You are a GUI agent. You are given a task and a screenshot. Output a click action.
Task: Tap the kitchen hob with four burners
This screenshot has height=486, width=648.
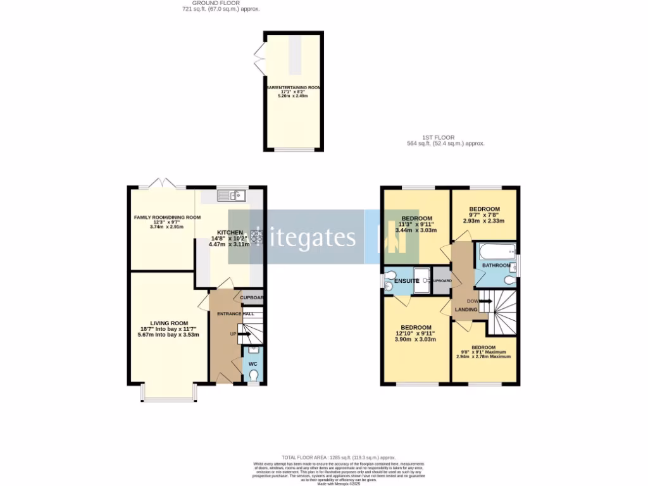click(257, 235)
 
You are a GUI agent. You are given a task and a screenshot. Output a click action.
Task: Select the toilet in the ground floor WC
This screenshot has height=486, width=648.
click(253, 375)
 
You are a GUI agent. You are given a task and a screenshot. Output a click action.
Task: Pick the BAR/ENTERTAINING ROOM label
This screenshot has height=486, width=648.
click(293, 87)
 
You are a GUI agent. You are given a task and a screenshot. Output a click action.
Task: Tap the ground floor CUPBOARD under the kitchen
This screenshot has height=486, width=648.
click(251, 298)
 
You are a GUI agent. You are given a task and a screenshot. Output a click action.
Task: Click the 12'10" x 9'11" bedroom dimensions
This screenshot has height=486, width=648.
click(416, 333)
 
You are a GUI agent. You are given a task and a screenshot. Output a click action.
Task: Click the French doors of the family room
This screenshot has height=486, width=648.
click(163, 184)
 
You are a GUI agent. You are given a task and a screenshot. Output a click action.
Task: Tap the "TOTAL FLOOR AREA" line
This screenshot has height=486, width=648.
click(339, 457)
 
